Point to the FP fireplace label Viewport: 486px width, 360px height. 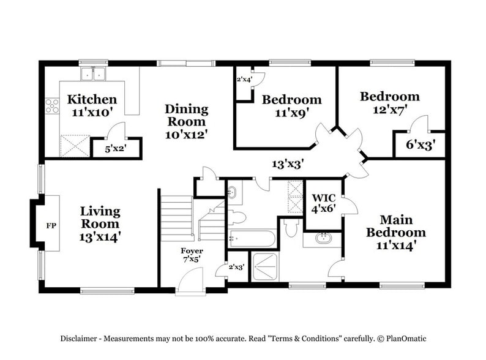tap(51, 225)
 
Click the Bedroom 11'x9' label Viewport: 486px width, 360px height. tap(291, 105)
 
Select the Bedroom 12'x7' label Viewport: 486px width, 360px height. tap(389, 102)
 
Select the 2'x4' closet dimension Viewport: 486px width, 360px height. tap(245, 78)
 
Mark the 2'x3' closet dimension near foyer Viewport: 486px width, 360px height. tap(236, 267)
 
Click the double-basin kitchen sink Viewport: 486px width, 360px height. tap(94, 74)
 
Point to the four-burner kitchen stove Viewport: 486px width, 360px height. tap(51, 109)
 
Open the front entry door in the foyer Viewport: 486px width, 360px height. tap(190, 283)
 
